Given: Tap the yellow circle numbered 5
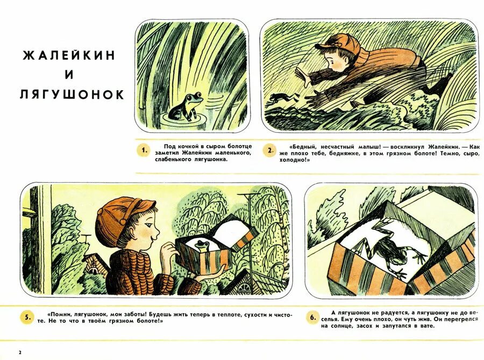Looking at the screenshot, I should click(x=27, y=316).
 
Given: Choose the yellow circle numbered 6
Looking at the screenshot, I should click(x=312, y=317).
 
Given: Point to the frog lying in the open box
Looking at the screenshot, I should click(x=390, y=248).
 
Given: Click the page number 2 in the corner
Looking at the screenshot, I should click(x=20, y=352).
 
